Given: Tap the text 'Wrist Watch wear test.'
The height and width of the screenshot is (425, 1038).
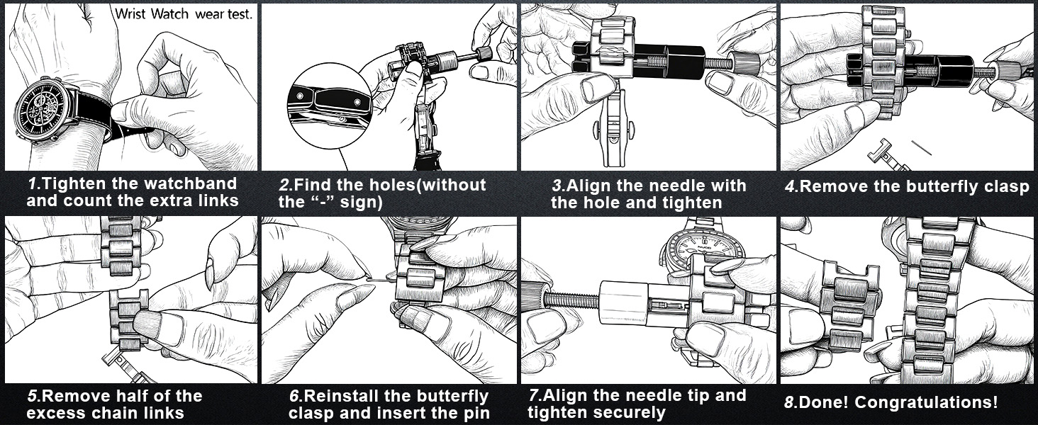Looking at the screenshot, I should click(x=183, y=13).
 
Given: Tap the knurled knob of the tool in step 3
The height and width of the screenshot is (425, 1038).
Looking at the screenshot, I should click(x=743, y=62).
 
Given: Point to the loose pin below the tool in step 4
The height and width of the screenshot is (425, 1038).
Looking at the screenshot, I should click(x=922, y=147).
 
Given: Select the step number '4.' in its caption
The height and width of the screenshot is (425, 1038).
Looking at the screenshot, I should click(x=791, y=187).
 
